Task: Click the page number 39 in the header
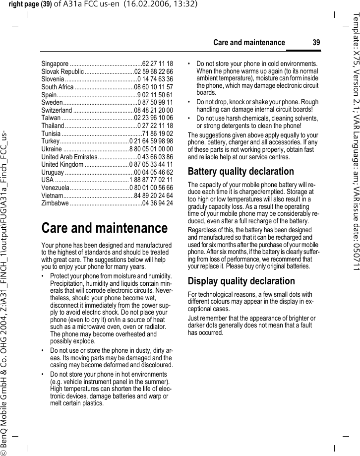(316, 43)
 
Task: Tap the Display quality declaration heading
(241, 281)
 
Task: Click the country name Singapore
(55, 64)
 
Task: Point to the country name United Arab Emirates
(65, 157)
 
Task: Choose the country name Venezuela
(55, 188)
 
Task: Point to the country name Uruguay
(52, 172)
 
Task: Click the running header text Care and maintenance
(249, 43)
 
